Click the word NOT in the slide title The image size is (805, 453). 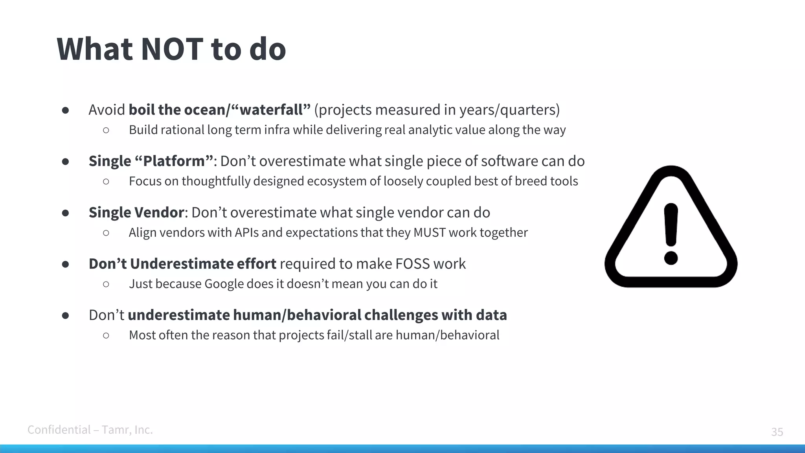[172, 49]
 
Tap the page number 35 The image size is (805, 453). [777, 432]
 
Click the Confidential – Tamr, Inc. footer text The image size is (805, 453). [90, 430]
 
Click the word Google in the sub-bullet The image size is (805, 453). [224, 284]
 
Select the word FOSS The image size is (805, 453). [412, 264]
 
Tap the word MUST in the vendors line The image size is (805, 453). [430, 233]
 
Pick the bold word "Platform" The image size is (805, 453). [174, 161]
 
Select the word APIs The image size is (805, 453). [246, 233]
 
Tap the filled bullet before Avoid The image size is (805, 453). [66, 110]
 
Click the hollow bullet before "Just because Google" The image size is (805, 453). [106, 284]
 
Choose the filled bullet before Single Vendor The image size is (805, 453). [66, 213]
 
